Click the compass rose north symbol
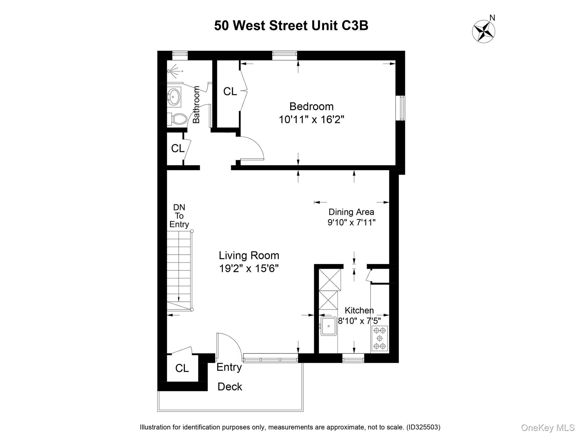click(x=484, y=31)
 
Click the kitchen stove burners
click(x=380, y=338)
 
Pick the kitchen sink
click(x=329, y=326)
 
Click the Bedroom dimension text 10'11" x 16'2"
click(x=311, y=120)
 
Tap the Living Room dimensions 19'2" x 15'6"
click(x=249, y=268)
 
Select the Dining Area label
click(x=351, y=212)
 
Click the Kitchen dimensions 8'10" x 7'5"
click(x=359, y=321)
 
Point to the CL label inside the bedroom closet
click(x=230, y=92)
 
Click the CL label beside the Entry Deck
click(x=182, y=368)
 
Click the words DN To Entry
click(x=179, y=216)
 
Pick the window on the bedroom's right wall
click(x=400, y=108)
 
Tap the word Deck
click(x=230, y=387)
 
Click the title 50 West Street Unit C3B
click(x=291, y=26)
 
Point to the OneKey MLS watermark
click(x=548, y=428)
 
